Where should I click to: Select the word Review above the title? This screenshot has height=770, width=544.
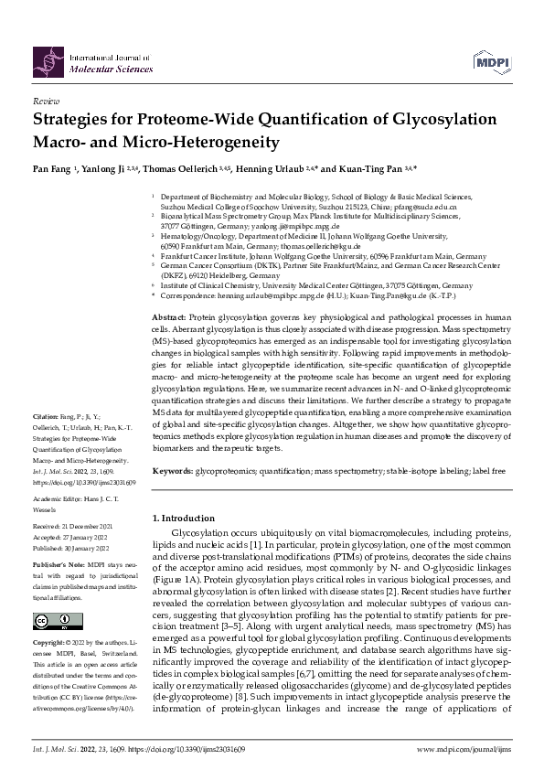(46, 102)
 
